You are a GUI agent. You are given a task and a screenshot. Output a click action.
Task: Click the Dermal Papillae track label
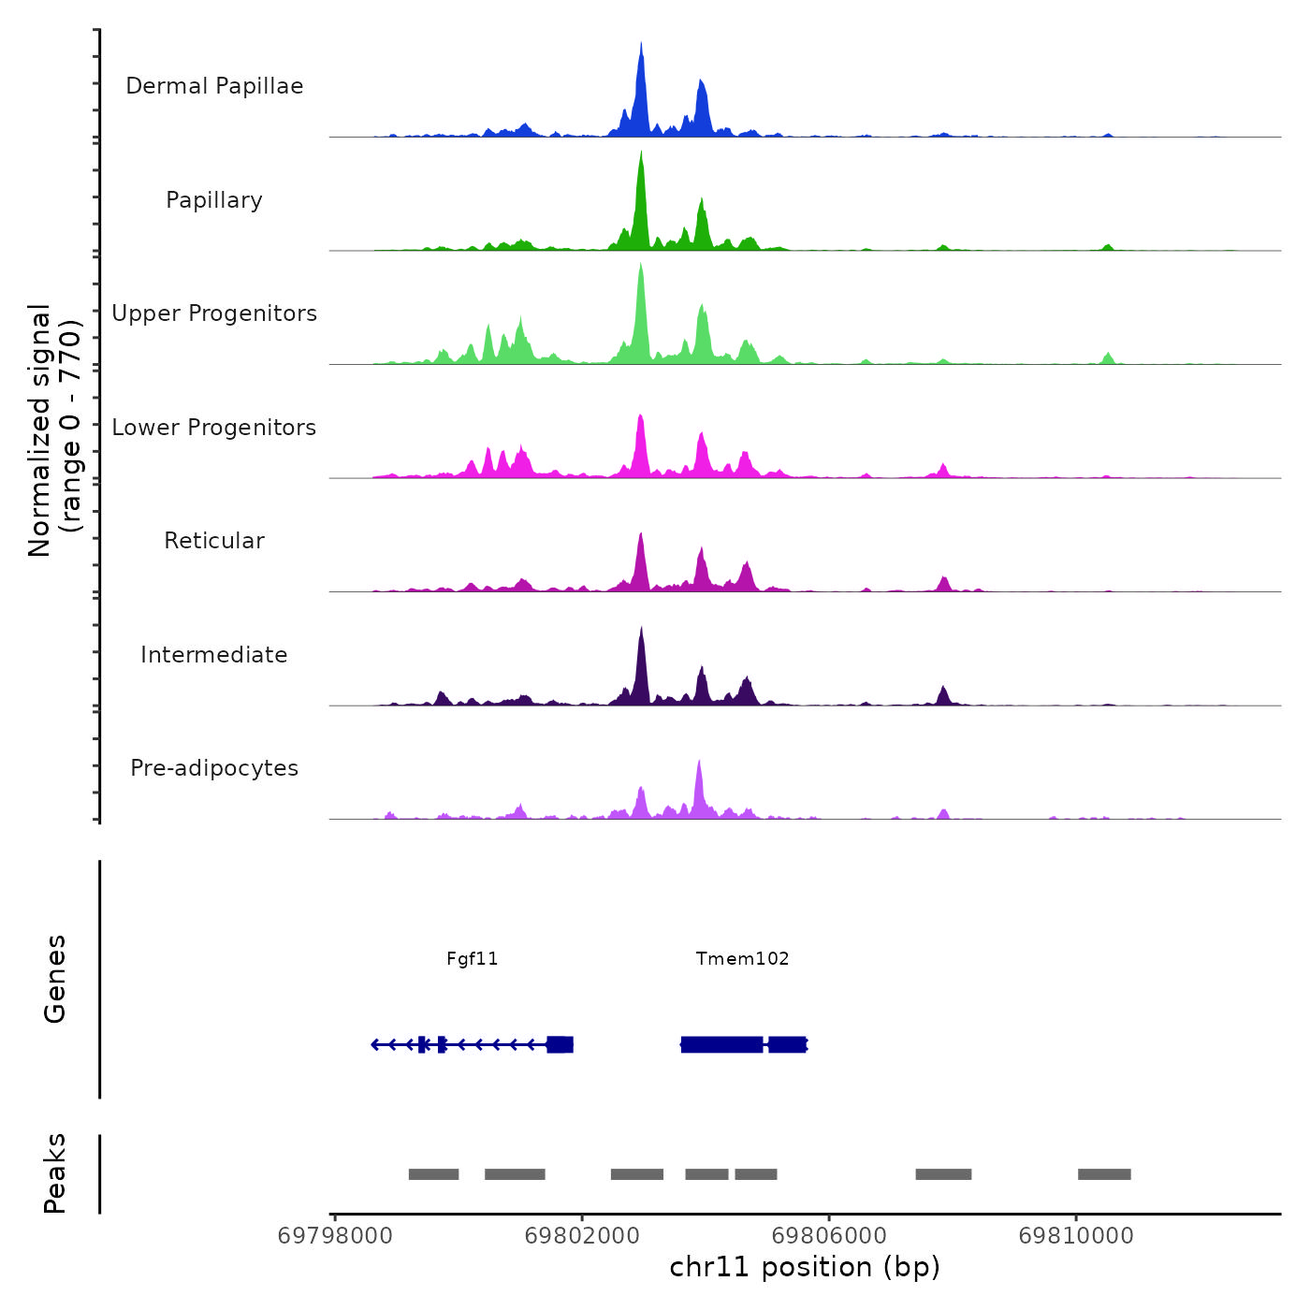pyautogui.click(x=214, y=86)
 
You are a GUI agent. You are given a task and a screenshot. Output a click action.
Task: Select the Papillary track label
pyautogui.click(x=214, y=200)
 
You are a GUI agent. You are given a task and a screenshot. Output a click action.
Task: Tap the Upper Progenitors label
pyautogui.click(x=214, y=313)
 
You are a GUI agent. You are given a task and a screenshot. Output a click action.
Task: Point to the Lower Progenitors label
pyautogui.click(x=214, y=428)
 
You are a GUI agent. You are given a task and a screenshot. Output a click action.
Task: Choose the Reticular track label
pyautogui.click(x=214, y=541)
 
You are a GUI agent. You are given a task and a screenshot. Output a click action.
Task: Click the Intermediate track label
pyautogui.click(x=214, y=655)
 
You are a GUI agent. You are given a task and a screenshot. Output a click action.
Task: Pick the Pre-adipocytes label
pyautogui.click(x=214, y=768)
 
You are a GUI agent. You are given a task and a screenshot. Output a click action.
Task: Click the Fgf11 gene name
pyautogui.click(x=473, y=958)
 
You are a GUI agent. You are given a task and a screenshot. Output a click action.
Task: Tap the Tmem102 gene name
pyautogui.click(x=742, y=958)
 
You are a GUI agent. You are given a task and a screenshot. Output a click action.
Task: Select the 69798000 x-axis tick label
pyautogui.click(x=335, y=1235)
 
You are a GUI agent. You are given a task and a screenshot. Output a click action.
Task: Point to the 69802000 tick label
pyautogui.click(x=582, y=1235)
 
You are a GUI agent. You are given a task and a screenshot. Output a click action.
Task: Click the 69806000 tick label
pyautogui.click(x=829, y=1235)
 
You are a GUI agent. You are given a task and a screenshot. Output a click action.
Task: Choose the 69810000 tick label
pyautogui.click(x=1076, y=1235)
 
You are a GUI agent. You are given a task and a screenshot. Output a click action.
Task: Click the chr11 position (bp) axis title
pyautogui.click(x=805, y=1267)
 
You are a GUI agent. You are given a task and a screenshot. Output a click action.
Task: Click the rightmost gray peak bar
pyautogui.click(x=1104, y=1174)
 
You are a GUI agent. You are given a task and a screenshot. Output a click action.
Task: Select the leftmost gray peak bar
pyautogui.click(x=433, y=1174)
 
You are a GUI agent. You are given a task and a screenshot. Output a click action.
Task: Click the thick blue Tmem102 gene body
pyautogui.click(x=721, y=1044)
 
